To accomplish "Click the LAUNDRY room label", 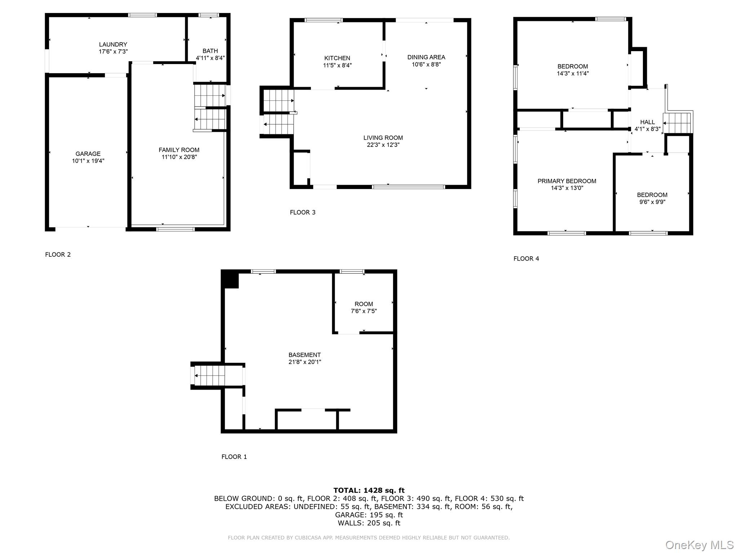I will [113, 44].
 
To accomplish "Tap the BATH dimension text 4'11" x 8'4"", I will [210, 58].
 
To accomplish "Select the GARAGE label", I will [88, 154].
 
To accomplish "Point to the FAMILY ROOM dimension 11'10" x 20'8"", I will [179, 157].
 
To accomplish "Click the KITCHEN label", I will [337, 58].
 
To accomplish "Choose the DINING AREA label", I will [426, 57].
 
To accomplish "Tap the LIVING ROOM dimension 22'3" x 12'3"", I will [383, 145].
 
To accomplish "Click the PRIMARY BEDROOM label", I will [566, 181].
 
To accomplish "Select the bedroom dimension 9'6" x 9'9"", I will [652, 202].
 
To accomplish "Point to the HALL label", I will [647, 122].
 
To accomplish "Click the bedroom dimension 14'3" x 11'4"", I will [572, 73].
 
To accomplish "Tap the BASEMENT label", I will [304, 355].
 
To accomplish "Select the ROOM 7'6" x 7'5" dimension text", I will [364, 311].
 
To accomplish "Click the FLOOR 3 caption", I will [302, 212].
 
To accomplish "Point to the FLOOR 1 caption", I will [234, 457].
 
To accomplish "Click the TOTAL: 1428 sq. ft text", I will [369, 490].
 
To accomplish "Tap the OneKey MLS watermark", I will [699, 545].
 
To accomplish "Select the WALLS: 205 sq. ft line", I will [369, 523].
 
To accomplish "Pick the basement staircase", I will [209, 376].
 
